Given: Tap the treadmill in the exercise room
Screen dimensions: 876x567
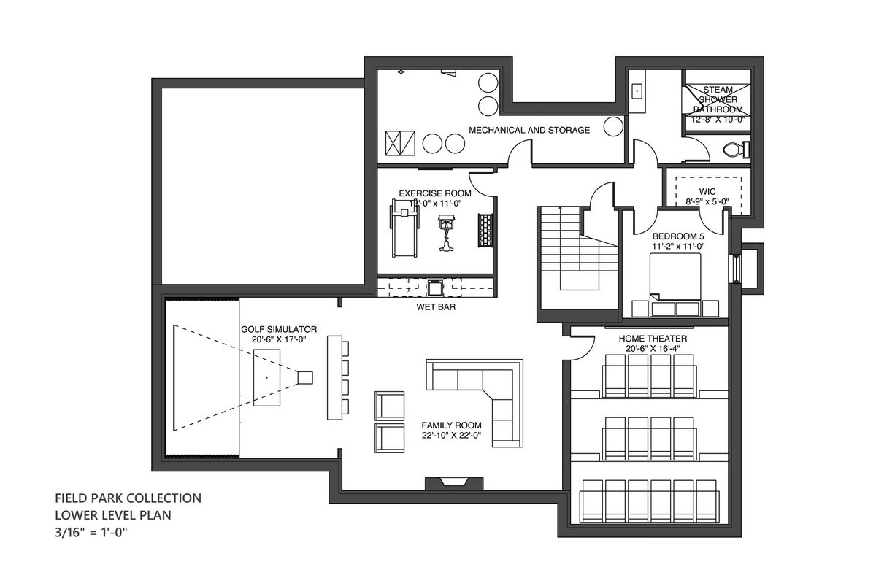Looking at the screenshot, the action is [x=404, y=228].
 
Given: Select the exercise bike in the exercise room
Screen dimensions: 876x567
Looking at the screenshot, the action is [x=446, y=232].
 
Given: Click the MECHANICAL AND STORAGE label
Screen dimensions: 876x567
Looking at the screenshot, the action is [x=529, y=130].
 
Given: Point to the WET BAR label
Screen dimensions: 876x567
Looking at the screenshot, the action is [x=436, y=307].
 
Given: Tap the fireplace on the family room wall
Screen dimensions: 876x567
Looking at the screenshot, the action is [x=454, y=483].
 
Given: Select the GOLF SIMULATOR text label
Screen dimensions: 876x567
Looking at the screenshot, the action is [x=279, y=330].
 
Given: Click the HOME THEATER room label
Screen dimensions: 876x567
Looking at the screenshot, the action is [x=653, y=339].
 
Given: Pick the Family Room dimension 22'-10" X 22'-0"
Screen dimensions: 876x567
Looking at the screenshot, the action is [x=451, y=435].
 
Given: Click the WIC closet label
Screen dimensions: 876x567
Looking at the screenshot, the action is [x=707, y=192].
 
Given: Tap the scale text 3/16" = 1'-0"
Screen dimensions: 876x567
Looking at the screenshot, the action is [x=91, y=533].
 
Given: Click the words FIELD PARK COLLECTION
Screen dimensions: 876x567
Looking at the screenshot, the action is [x=128, y=498].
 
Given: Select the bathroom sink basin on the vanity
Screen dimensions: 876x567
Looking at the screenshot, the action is [x=637, y=91].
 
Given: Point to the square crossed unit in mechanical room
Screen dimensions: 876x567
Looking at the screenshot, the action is [x=400, y=143].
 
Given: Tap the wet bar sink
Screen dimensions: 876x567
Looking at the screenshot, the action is [x=434, y=288].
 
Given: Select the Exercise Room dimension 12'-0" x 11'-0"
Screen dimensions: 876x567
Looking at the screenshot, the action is [x=436, y=204].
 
